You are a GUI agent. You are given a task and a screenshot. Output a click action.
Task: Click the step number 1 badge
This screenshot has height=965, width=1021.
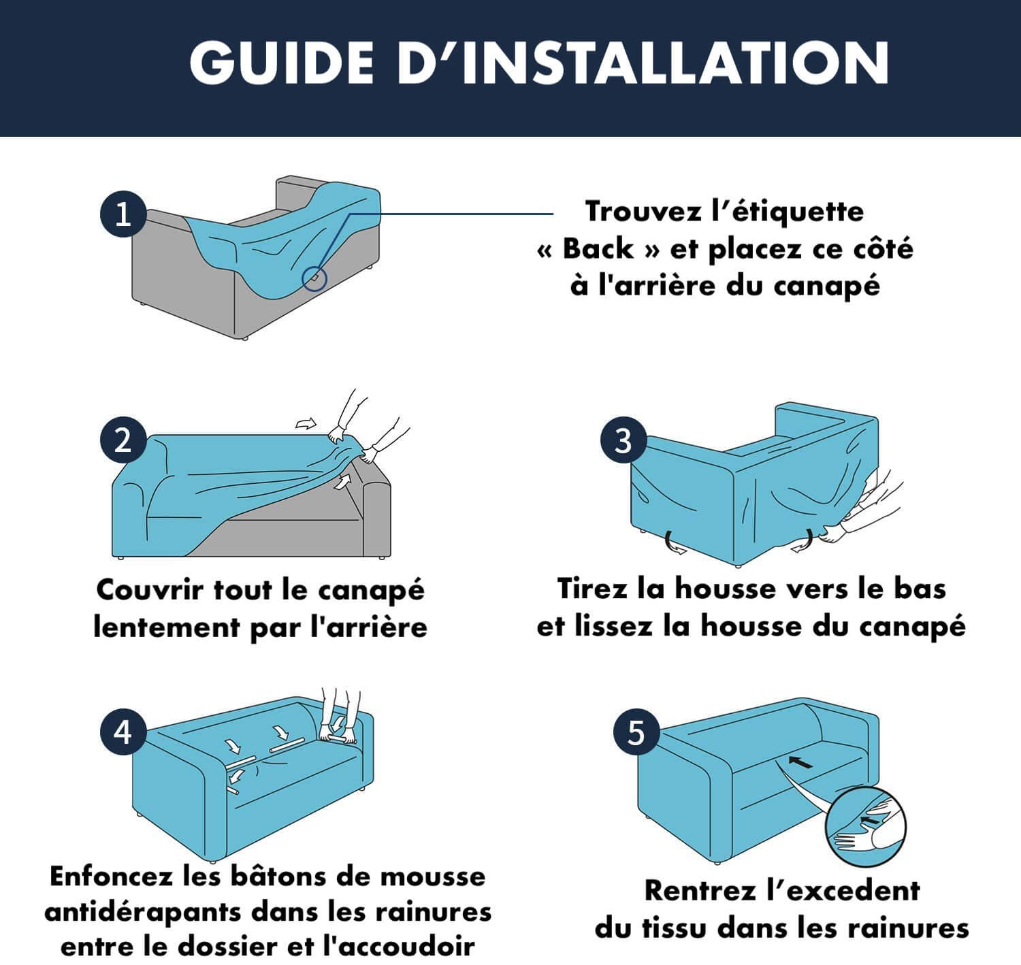(x=123, y=214)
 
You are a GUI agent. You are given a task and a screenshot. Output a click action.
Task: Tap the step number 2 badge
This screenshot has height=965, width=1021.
(x=123, y=440)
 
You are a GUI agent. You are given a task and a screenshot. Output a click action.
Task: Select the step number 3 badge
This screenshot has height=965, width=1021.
(x=623, y=440)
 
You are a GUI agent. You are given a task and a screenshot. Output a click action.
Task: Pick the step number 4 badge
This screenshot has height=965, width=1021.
(x=123, y=732)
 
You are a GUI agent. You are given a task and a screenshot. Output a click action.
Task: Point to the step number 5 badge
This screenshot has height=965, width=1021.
(x=636, y=732)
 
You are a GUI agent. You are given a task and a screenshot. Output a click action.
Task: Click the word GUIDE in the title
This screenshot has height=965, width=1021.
(x=282, y=63)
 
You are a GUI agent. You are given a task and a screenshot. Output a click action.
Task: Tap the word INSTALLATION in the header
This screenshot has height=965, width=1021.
(x=676, y=63)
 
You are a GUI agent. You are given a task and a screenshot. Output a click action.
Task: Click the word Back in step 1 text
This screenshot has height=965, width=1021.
(x=598, y=249)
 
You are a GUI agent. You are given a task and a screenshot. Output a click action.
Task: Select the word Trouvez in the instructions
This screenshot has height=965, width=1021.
(x=643, y=212)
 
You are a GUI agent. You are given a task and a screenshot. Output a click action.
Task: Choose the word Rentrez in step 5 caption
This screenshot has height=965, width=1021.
(x=700, y=890)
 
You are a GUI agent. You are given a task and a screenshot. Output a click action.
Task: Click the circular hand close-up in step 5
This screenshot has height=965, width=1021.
(x=866, y=826)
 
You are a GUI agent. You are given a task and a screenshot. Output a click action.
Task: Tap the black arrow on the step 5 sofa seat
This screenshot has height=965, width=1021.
(x=800, y=762)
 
